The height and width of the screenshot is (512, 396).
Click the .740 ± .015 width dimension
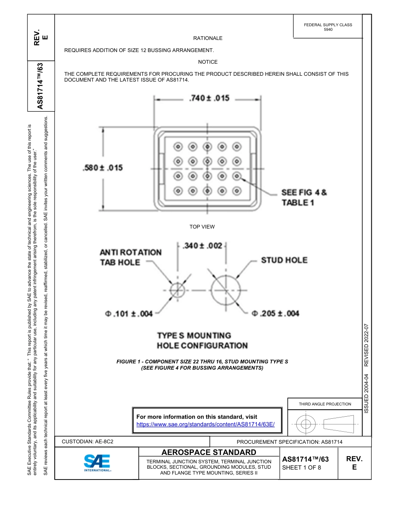(x=209, y=98)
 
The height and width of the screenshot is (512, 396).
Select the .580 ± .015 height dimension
(x=103, y=168)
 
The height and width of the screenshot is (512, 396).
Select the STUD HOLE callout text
(x=284, y=260)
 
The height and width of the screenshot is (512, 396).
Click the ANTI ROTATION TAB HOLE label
(x=130, y=257)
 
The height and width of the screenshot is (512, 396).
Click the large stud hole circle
(x=226, y=290)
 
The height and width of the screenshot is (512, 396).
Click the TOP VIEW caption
(x=202, y=227)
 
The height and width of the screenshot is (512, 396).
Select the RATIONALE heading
(x=208, y=38)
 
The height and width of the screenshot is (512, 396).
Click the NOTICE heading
(x=208, y=62)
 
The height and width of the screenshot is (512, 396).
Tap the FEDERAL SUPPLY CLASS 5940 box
(x=328, y=27)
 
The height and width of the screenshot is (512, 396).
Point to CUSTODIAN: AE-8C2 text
(x=88, y=442)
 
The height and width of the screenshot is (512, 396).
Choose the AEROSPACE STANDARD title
(x=209, y=452)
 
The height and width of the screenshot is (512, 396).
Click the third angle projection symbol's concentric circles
(x=306, y=424)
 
